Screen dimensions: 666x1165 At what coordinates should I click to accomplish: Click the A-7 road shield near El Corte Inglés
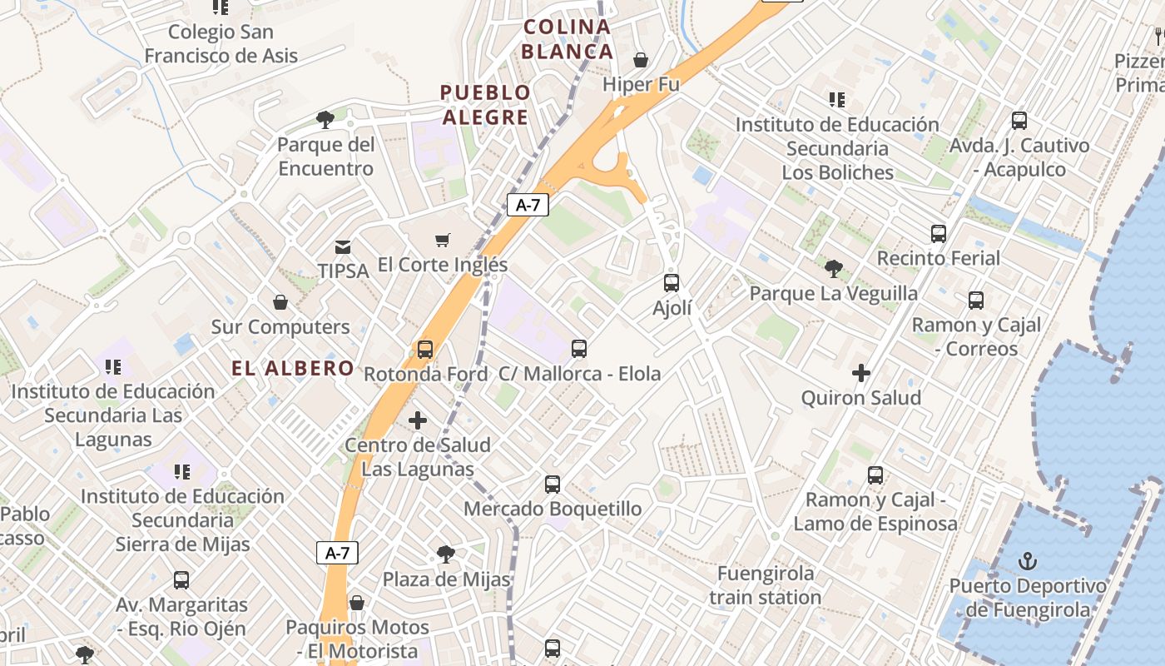pyautogui.click(x=528, y=204)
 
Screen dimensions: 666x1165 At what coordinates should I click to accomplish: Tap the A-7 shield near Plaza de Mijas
pyautogui.click(x=337, y=552)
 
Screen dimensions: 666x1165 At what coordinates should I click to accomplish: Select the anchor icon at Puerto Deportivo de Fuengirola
pyautogui.click(x=1028, y=560)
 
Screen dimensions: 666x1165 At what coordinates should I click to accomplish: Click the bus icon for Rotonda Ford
pyautogui.click(x=425, y=349)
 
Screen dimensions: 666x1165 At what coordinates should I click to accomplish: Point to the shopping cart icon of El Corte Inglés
pyautogui.click(x=443, y=240)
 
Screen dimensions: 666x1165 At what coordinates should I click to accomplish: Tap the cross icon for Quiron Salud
pyautogui.click(x=861, y=372)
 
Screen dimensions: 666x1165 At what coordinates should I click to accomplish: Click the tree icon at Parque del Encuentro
pyautogui.click(x=325, y=119)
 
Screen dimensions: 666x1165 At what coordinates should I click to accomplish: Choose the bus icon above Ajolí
pyautogui.click(x=672, y=282)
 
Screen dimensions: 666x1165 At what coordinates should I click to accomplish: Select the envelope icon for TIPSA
pyautogui.click(x=342, y=246)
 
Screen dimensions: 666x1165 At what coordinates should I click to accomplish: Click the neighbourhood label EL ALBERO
pyautogui.click(x=293, y=368)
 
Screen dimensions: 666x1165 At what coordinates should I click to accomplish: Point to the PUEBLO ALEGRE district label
pyautogui.click(x=485, y=105)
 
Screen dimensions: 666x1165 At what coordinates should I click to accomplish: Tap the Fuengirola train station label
pyautogui.click(x=766, y=585)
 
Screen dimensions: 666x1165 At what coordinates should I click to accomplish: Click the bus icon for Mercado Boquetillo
pyautogui.click(x=553, y=484)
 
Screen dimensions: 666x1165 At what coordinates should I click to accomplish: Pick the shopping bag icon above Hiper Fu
pyautogui.click(x=641, y=60)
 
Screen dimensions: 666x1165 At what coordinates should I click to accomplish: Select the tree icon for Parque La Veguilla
pyautogui.click(x=833, y=268)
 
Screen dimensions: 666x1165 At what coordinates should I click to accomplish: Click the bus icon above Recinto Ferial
pyautogui.click(x=939, y=233)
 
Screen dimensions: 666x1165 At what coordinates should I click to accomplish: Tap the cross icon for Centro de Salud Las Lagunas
pyautogui.click(x=418, y=420)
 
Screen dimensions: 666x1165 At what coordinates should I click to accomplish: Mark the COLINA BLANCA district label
pyautogui.click(x=568, y=39)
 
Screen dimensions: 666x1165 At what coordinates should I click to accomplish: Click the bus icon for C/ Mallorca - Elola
pyautogui.click(x=579, y=349)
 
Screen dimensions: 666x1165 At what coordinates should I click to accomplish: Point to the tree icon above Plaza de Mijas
pyautogui.click(x=446, y=554)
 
